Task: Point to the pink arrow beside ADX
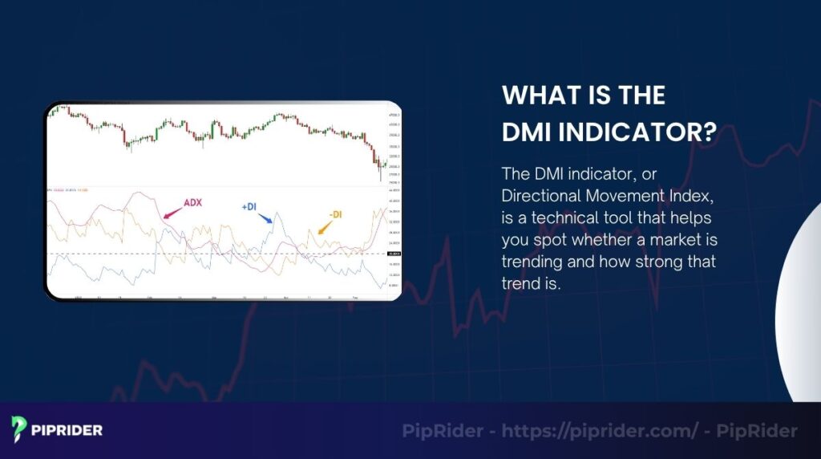pyautogui.click(x=172, y=213)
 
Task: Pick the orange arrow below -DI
pyautogui.click(x=325, y=229)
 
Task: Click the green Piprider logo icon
pyautogui.click(x=20, y=430)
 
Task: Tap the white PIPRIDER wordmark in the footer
pyautogui.click(x=67, y=431)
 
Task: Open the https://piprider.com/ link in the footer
pyautogui.click(x=601, y=431)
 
